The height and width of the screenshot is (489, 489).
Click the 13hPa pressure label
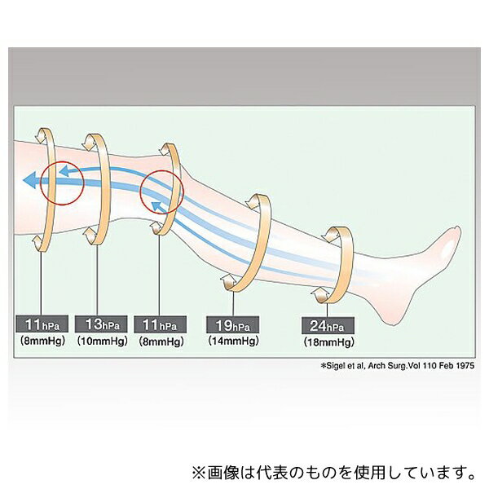coord(101,324)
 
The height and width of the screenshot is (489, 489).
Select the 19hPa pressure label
coord(232,325)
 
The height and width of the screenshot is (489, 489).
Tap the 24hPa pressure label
coord(328,325)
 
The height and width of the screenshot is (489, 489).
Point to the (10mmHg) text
coord(103,341)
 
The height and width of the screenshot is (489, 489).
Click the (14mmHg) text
coord(233,341)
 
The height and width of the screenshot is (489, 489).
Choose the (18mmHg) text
coord(328,342)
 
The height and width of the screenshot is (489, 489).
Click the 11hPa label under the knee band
coord(160,324)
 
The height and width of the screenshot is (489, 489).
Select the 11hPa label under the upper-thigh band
coord(42,324)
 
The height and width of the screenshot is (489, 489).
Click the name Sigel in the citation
coord(336,365)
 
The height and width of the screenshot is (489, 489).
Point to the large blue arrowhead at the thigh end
coord(30,180)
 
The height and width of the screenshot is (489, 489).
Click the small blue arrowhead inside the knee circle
coord(156,205)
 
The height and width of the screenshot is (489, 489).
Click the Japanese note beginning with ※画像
coord(333,472)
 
